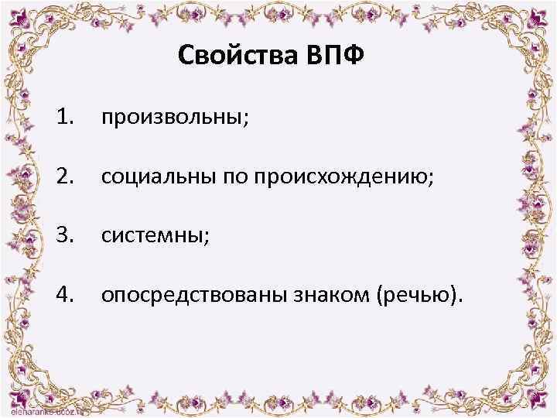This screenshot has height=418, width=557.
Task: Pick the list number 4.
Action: (65, 293)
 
